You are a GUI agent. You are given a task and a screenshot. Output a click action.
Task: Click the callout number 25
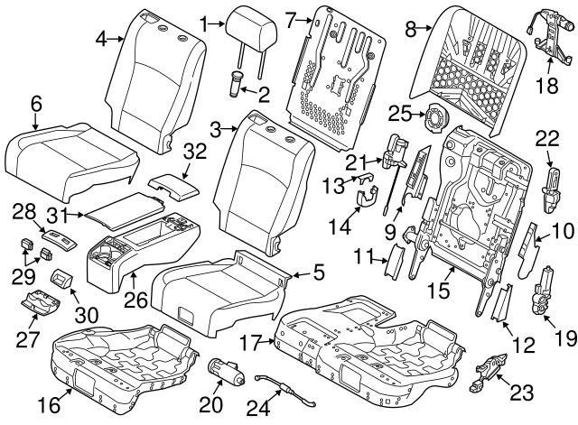pos(400,114)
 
